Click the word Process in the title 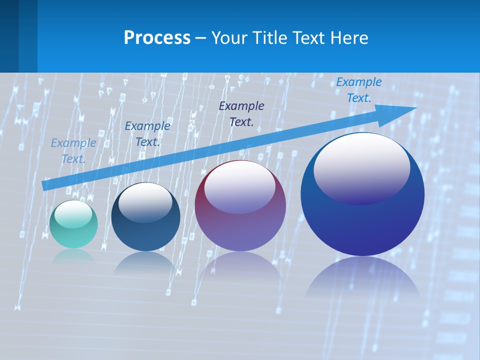[157, 38]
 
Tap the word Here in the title [349, 38]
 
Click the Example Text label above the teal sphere [73, 151]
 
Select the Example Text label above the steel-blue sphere [147, 134]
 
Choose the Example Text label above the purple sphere [241, 113]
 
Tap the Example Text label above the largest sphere [358, 90]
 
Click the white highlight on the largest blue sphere [361, 167]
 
